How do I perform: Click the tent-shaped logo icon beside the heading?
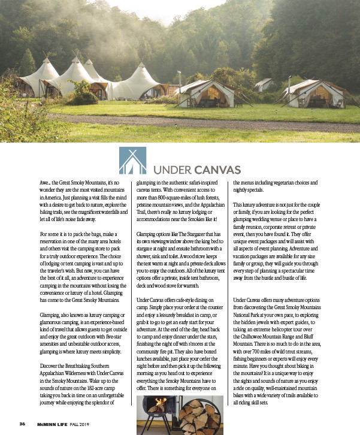point(132,160)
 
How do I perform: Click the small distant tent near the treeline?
point(263,85)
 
